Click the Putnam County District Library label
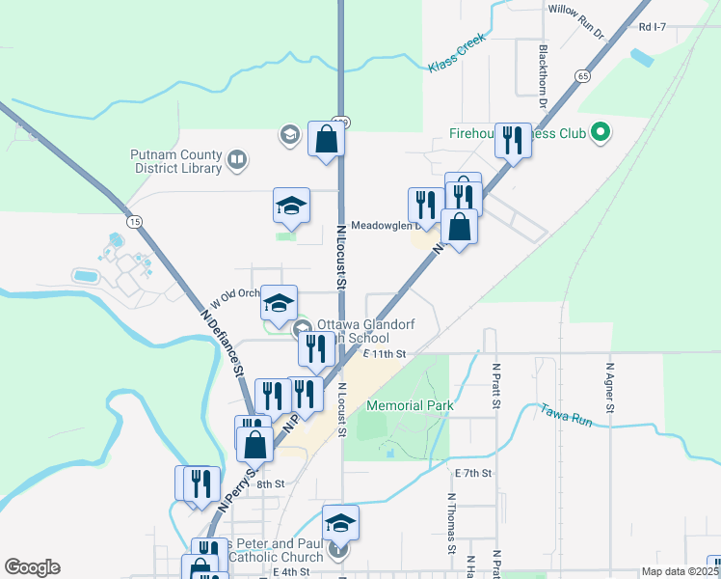coord(174,161)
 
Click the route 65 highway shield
coord(583,75)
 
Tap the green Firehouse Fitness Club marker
coord(601,131)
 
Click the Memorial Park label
coord(410,406)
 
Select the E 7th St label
coord(473,473)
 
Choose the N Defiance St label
coord(222,342)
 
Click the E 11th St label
coord(386,354)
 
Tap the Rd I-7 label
coord(653,27)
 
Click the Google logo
coord(32,567)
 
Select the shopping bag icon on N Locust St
coord(326,139)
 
